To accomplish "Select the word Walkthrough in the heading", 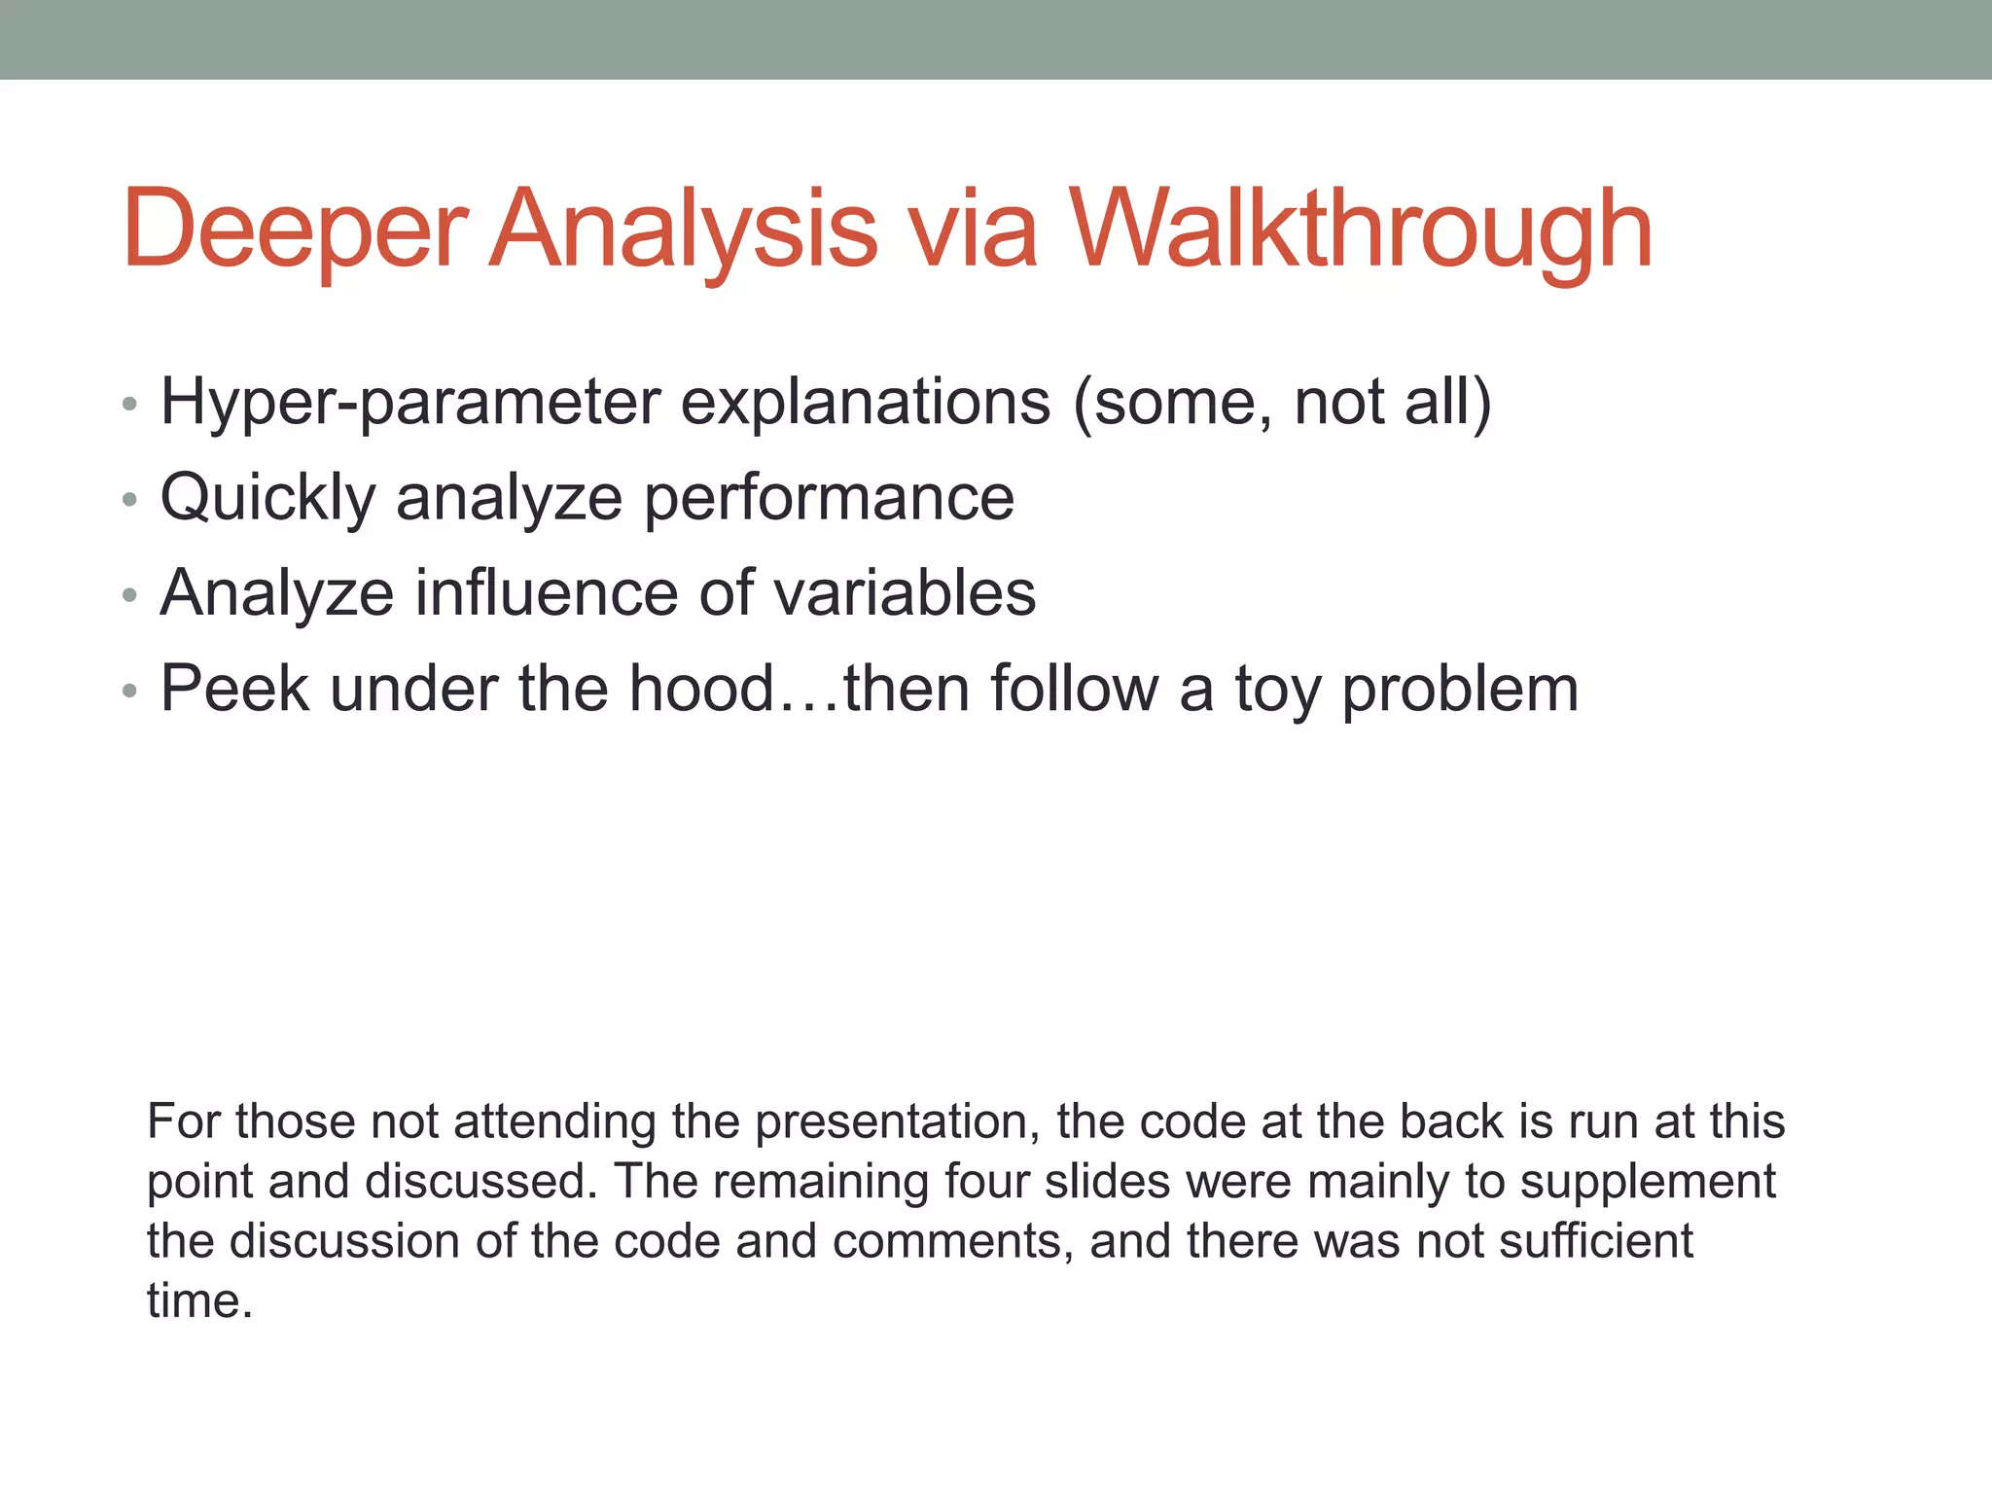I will (1361, 230).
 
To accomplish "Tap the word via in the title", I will (973, 230).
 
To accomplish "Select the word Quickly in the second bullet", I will (267, 498).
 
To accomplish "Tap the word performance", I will (830, 498).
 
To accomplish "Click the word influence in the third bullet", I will (546, 593).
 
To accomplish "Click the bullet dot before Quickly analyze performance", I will (130, 501).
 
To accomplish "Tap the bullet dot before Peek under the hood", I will (130, 692).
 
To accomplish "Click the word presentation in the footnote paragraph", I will (892, 1121).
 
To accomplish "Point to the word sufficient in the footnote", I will (1596, 1241).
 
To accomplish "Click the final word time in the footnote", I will (198, 1301).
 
